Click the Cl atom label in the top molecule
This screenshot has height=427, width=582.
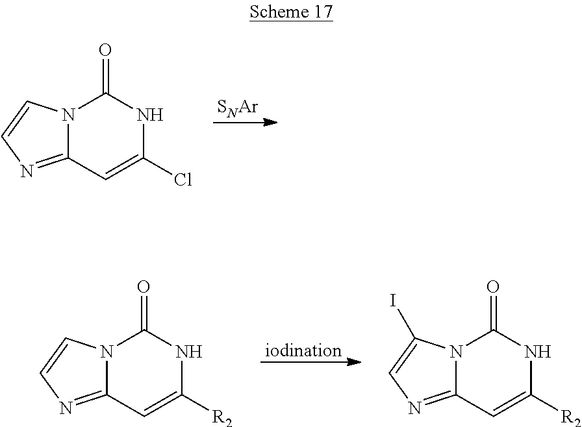(183, 180)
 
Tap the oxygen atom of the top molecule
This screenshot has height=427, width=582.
(107, 50)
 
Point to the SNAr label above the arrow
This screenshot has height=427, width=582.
(236, 106)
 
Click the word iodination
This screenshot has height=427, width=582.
(303, 350)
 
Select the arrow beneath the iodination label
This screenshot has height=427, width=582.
(310, 361)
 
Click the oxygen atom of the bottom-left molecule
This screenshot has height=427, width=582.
(145, 287)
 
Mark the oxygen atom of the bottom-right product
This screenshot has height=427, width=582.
(494, 287)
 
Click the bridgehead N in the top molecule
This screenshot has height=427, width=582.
(71, 116)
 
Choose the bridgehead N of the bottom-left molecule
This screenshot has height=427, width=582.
(109, 353)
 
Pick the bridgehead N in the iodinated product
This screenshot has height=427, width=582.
(458, 353)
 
